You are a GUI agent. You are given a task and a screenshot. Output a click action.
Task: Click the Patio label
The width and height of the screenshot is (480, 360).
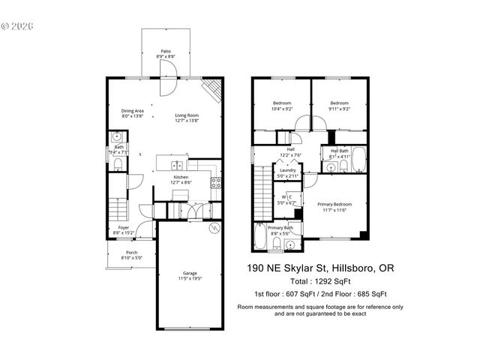(164, 51)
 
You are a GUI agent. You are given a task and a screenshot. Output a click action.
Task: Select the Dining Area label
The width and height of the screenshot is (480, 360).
(133, 112)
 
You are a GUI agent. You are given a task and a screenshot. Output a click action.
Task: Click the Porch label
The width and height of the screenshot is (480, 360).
(131, 252)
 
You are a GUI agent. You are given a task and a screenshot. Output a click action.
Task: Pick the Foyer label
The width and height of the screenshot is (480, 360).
(123, 228)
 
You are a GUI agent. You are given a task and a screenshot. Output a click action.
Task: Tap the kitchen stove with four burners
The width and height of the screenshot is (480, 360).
(216, 182)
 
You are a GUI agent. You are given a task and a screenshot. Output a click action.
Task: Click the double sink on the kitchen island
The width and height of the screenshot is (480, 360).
(178, 166)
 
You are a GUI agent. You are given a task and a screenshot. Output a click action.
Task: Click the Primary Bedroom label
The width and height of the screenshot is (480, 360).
(334, 203)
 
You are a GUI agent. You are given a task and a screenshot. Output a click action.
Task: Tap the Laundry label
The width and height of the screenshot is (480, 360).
(287, 170)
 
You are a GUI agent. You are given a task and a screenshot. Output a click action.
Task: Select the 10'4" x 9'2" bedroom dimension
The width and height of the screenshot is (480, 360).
(282, 109)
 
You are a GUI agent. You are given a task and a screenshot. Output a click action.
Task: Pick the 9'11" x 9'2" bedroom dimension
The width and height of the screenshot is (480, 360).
(339, 109)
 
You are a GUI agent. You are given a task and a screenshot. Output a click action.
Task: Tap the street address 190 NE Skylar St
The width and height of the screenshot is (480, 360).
(293, 268)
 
